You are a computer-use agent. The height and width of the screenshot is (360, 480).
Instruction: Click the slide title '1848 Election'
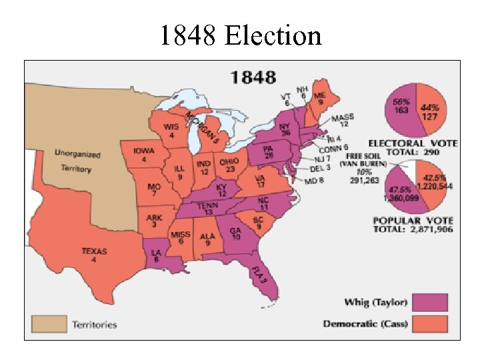tap(240, 35)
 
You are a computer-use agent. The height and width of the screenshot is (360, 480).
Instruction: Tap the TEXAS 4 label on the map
tap(93, 255)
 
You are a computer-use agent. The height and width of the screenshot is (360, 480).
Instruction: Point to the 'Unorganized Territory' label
tap(77, 161)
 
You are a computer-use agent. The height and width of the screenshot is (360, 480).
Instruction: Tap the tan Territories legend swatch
tap(50, 325)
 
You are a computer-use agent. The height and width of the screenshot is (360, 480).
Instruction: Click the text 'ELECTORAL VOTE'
tap(413, 143)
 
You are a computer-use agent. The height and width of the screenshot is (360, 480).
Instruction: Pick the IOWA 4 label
tap(144, 155)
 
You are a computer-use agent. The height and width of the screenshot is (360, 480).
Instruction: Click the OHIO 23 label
tap(231, 165)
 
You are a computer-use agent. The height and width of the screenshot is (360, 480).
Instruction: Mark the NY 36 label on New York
tap(285, 129)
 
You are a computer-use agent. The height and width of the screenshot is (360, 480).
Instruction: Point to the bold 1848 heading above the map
tap(253, 77)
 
